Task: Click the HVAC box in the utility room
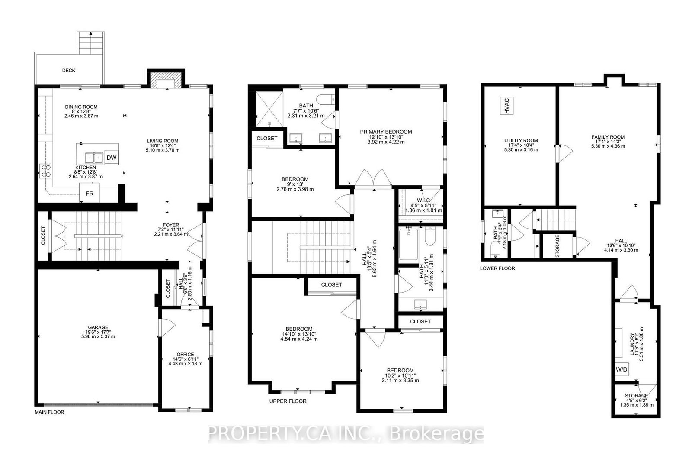point(506,106)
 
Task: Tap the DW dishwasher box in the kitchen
point(111,158)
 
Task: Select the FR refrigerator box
point(89,193)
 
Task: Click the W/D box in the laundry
point(621,369)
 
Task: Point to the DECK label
point(69,71)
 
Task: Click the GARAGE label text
point(98,327)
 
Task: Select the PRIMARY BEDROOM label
point(386,132)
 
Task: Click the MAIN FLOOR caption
point(49,412)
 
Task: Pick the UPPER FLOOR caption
point(288,401)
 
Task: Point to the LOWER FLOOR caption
point(497,268)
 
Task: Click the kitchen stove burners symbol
point(46,171)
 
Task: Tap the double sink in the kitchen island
point(94,158)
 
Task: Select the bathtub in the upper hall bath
point(408,244)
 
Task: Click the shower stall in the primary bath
point(269,109)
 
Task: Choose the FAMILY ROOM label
point(608,137)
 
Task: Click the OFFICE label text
point(186,354)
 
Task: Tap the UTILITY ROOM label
point(521,140)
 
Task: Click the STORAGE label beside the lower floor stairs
point(557,246)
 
